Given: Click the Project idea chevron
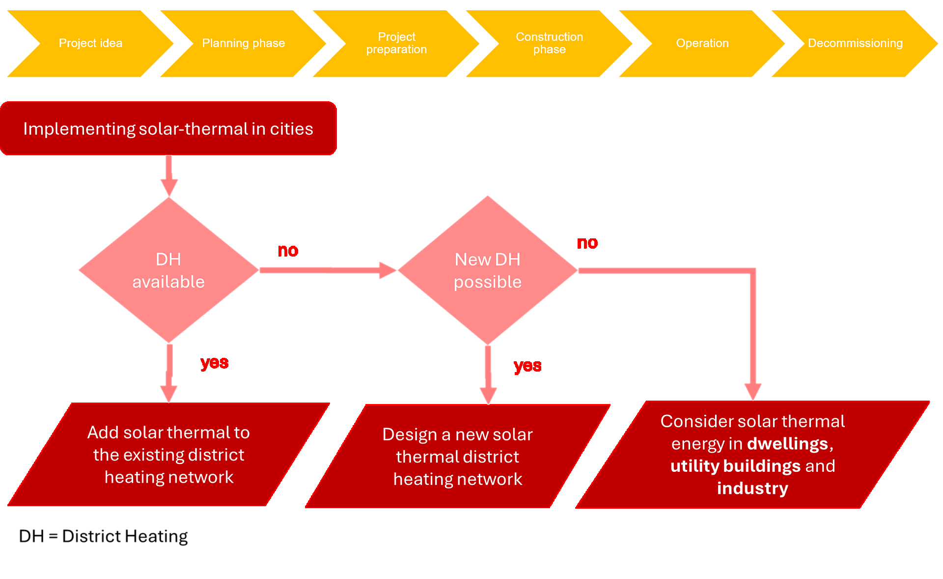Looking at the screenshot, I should pos(90,43).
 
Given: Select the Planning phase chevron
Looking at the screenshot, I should pos(243,43).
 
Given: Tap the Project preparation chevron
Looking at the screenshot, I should pos(396,43).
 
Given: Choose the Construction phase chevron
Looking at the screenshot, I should pos(549,43).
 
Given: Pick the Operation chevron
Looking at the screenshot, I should pos(702,43).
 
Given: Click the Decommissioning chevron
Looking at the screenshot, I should pos(855,43).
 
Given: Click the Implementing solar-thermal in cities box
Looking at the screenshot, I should pos(168,129).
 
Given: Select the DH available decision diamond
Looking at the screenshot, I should pos(168,270).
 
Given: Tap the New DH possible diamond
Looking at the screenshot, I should pos(488,270).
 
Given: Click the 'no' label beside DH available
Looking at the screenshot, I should pos(288,251).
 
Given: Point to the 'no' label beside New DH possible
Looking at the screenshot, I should pos(587,243).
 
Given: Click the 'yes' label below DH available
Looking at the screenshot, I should pos(215,363).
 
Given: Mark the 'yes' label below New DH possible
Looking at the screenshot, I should pos(527,366).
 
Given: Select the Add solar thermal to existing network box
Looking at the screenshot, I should pos(168,455).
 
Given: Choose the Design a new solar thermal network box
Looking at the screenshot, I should pos(458,457).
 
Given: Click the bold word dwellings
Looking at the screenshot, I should pos(787,444).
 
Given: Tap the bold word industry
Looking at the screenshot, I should pos(752,489).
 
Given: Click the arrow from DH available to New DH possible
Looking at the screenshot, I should pos(324,270).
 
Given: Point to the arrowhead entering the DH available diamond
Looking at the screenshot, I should pos(169,188).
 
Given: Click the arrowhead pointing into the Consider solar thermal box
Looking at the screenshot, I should pos(752,391).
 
